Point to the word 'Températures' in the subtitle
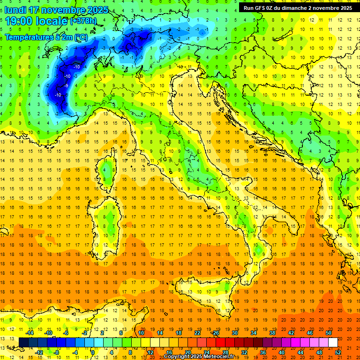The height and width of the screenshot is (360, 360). pyautogui.click(x=30, y=37)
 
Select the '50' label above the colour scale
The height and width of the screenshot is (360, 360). pyautogui.click(x=329, y=333)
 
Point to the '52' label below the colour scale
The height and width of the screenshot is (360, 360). pyautogui.click(x=338, y=352)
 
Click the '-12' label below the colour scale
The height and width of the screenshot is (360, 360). pyautogui.click(x=39, y=352)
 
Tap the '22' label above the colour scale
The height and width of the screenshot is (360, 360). pyautogui.click(x=197, y=333)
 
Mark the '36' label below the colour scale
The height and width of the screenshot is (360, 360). pyautogui.click(x=263, y=352)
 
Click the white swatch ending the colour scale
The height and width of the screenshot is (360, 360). pyautogui.click(x=333, y=342)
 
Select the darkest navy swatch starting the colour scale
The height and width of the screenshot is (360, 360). pyautogui.click(x=23, y=342)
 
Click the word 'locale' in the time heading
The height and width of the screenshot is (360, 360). pyautogui.click(x=51, y=21)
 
